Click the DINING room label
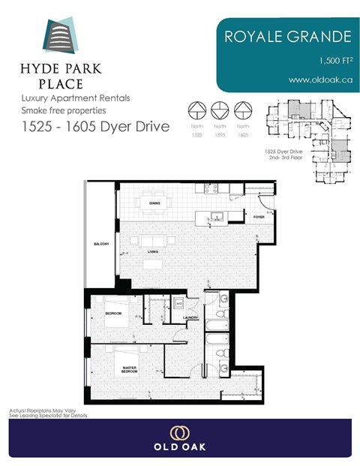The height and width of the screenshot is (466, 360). click(154, 203)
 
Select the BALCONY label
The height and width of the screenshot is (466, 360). click(101, 244)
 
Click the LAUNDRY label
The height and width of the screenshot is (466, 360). click(190, 317)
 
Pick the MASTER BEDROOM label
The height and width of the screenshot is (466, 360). click(129, 369)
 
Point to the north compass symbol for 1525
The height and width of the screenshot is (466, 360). click(197, 110)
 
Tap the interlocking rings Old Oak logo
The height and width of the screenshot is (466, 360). click(179, 433)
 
